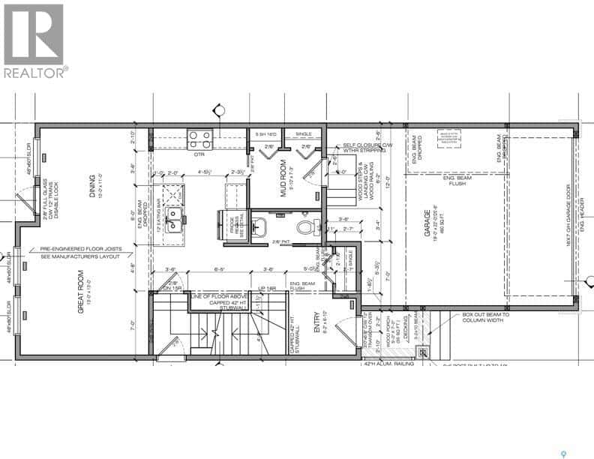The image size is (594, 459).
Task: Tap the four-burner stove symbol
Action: click(199, 139)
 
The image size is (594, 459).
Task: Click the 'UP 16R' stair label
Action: click(266, 289)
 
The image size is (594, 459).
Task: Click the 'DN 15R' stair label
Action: click(174, 289)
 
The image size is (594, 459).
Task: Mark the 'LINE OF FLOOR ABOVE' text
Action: click(218, 297)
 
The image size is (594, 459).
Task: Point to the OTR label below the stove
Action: click(199, 154)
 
